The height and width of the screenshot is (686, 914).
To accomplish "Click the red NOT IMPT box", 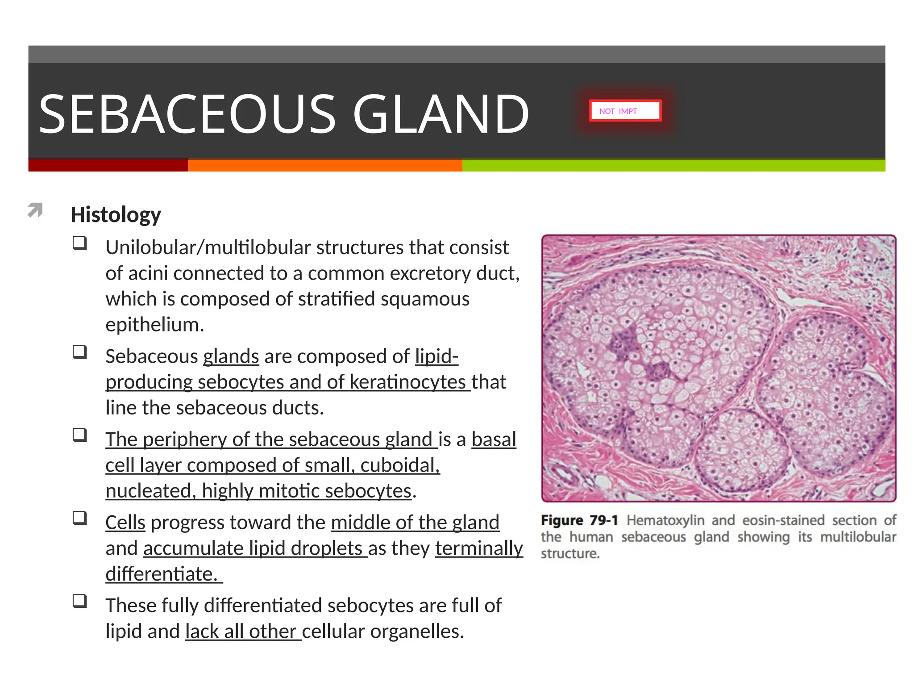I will click(625, 111).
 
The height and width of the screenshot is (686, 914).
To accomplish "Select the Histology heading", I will click(116, 215).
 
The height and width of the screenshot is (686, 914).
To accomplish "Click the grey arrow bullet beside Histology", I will click(35, 209).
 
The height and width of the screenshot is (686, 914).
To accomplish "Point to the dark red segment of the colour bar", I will click(108, 165).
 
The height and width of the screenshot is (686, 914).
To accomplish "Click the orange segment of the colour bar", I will click(325, 165).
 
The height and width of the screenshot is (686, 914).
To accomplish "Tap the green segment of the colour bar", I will click(673, 165).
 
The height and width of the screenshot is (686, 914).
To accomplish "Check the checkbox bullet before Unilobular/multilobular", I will click(80, 243).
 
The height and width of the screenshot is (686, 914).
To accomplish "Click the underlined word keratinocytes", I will click(407, 382).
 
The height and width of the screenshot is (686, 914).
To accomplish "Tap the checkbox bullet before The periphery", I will click(80, 435).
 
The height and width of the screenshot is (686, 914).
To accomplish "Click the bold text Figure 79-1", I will click(579, 520).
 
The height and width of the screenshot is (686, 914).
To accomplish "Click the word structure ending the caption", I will click(569, 554).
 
